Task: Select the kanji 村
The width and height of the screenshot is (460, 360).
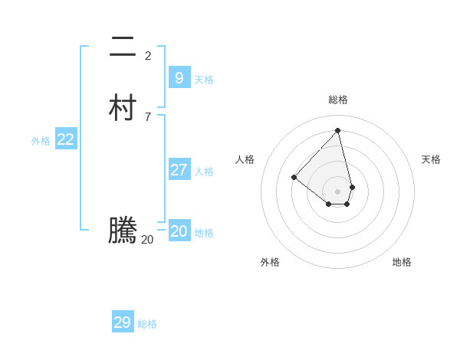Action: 123,109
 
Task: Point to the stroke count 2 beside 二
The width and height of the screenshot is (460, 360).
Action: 148,55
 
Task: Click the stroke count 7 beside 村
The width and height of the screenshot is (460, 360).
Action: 148,116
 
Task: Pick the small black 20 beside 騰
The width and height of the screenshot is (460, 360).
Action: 147,239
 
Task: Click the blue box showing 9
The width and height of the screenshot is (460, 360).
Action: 179,77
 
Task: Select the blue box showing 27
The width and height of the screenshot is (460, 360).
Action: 179,169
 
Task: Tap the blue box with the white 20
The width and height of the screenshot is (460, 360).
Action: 179,231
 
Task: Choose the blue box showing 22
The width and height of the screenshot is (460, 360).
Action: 66,139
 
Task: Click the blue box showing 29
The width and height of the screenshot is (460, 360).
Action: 123,322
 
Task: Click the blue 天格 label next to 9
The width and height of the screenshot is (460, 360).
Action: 204,80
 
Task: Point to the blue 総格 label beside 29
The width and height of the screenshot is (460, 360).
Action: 147,324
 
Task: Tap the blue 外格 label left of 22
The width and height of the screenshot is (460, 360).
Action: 41,141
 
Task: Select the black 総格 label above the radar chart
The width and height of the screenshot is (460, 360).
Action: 338,100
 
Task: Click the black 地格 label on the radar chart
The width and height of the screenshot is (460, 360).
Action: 402,262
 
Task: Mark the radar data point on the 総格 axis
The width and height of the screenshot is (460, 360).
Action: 338,130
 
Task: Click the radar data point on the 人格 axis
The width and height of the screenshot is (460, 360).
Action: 294,178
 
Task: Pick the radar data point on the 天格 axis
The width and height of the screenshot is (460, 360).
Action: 352,187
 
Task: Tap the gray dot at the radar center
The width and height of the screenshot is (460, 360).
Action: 338,191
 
